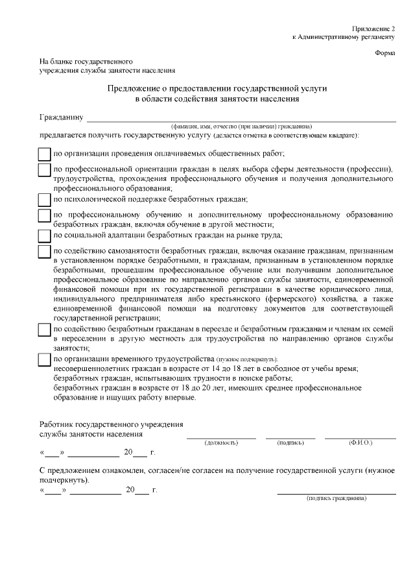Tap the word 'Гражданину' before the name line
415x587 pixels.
(x=62, y=118)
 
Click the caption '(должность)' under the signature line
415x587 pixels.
(x=221, y=442)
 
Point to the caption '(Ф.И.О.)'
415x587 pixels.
(x=361, y=442)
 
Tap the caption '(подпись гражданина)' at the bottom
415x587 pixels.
(x=337, y=499)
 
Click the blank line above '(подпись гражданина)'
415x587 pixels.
(x=337, y=494)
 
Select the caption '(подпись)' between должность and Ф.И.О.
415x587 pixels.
(x=290, y=442)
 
